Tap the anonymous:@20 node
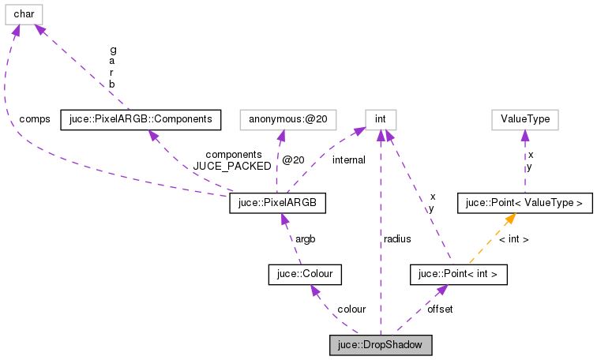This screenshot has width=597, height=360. click(292, 119)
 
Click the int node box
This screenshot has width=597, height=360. click(380, 119)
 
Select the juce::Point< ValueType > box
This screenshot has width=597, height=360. click(524, 204)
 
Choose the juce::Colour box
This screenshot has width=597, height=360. click(304, 274)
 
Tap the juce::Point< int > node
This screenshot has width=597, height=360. click(458, 274)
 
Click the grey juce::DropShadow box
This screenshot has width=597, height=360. click(381, 345)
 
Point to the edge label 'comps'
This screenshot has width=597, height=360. click(35, 119)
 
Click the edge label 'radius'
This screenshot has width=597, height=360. click(396, 238)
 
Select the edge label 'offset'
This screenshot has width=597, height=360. click(440, 309)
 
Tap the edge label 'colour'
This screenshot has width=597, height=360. click(351, 309)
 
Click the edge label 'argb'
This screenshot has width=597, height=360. click(306, 238)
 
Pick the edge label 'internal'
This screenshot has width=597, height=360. click(348, 160)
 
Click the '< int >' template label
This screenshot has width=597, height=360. click(513, 238)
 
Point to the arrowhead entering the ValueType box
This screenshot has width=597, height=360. click(525, 135)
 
